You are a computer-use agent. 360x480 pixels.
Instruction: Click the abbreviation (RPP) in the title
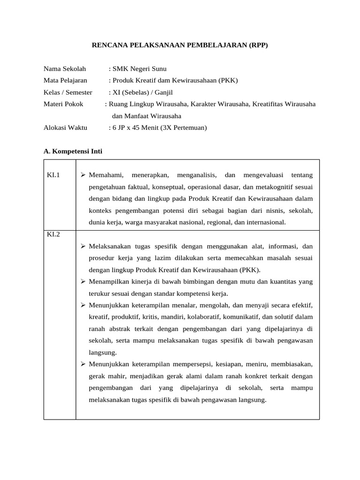[257, 45]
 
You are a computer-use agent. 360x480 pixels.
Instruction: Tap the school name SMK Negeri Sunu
[139, 69]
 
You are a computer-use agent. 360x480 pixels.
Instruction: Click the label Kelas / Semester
[68, 92]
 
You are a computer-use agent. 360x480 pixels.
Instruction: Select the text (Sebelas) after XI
[135, 92]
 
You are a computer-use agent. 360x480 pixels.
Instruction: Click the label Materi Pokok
[63, 104]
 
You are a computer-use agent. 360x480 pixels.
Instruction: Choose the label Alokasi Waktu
[65, 127]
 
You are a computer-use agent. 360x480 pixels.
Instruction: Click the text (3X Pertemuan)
[183, 127]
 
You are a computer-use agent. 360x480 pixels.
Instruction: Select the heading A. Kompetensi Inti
[73, 151]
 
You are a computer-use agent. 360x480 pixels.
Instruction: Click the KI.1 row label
[53, 175]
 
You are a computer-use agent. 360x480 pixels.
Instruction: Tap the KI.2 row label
[53, 234]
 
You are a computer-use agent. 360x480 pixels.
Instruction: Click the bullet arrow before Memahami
[82, 175]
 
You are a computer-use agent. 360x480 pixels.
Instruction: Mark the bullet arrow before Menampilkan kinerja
[82, 282]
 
